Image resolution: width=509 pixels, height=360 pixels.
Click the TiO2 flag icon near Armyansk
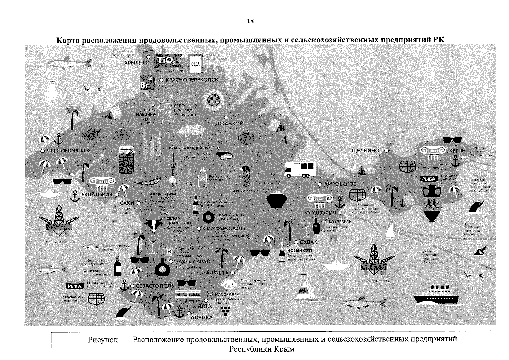tap(167, 61)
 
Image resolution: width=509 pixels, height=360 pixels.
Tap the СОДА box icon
tap(195, 64)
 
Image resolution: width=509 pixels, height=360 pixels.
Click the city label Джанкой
tap(230, 123)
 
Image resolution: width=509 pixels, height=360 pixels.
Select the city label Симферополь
tap(224, 228)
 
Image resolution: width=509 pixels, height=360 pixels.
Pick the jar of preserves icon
tap(127, 160)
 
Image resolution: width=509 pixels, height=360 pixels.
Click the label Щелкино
tap(366, 151)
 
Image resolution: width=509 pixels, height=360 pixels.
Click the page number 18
tap(250, 21)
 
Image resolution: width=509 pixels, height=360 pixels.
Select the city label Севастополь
tap(155, 286)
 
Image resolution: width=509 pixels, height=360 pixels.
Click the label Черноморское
tap(69, 151)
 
